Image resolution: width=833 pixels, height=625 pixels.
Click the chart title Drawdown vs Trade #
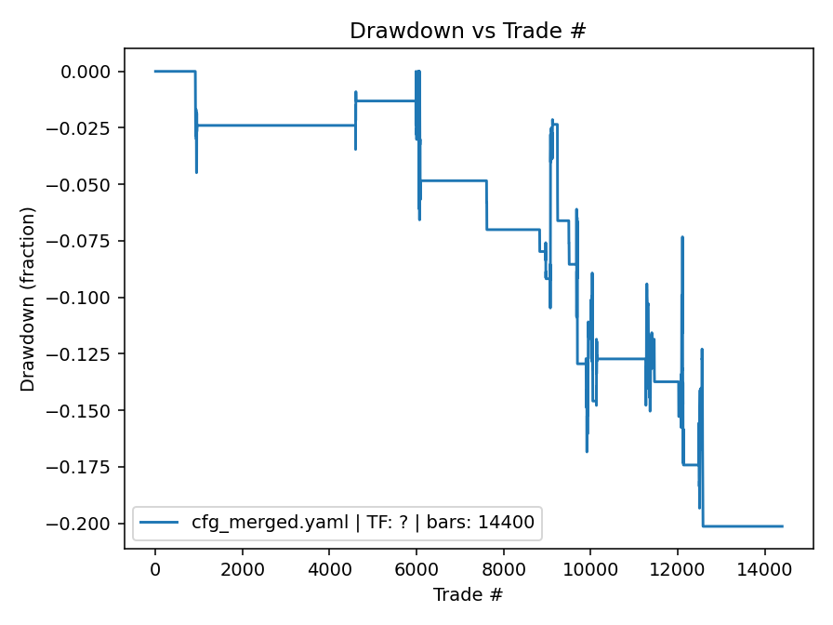tap(468, 31)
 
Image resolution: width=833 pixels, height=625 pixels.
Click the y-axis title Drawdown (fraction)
tap(28, 298)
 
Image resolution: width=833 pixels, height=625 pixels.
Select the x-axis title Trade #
tap(468, 593)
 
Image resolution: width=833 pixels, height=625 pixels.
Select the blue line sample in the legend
tap(159, 523)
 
